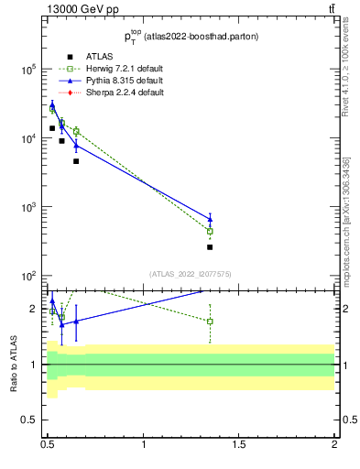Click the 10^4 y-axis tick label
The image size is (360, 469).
(x=27, y=138)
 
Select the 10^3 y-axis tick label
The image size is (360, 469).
(x=27, y=207)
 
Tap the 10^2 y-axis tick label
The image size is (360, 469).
(x=27, y=276)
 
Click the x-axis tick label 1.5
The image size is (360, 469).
(x=239, y=445)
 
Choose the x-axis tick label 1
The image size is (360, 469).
(x=144, y=445)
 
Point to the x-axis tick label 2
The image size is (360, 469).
(x=334, y=445)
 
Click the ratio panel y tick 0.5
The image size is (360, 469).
(x=28, y=420)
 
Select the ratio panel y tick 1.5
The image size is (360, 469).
(x=28, y=308)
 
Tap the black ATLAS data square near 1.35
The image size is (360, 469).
(x=210, y=247)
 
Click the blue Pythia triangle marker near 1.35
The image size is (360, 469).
(x=210, y=218)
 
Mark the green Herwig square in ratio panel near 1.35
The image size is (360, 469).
(x=210, y=322)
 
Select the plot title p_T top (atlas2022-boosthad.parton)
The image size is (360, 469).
(x=190, y=37)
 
